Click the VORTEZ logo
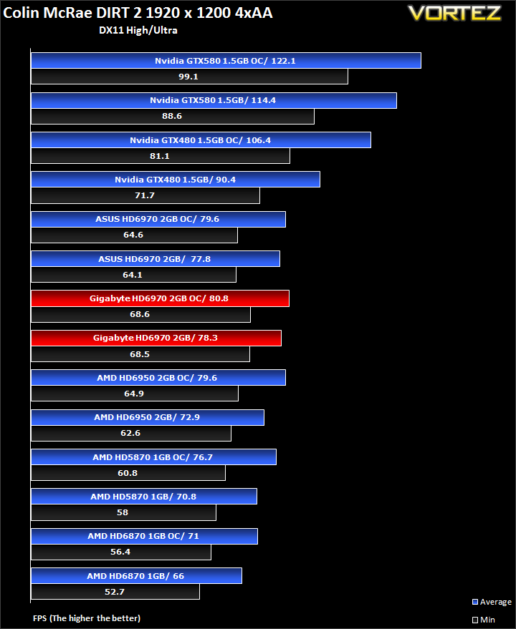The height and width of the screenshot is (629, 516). click(454, 13)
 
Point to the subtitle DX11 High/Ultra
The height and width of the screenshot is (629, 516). click(138, 30)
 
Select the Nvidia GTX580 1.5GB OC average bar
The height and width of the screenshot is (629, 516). click(226, 61)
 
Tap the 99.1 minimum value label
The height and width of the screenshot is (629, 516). click(188, 77)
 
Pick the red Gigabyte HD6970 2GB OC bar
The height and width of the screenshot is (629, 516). click(160, 298)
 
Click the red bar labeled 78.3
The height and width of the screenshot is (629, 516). click(156, 338)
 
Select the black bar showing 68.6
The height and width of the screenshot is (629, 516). click(140, 315)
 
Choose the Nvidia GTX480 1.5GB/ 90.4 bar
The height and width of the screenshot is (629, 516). click(175, 180)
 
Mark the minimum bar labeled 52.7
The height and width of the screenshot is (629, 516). click(115, 592)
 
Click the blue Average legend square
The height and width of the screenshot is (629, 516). click(475, 602)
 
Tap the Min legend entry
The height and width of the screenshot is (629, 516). click(484, 620)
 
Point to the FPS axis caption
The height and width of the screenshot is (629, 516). click(87, 618)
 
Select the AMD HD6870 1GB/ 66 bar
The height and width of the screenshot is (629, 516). click(136, 575)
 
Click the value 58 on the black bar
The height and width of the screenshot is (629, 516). click(123, 512)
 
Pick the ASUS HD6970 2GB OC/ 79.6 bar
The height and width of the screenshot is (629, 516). click(158, 219)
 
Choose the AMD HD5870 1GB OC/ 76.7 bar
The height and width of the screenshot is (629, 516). click(153, 457)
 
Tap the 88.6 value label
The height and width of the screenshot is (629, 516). click(172, 116)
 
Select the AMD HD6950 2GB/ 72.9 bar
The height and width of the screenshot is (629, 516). click(148, 417)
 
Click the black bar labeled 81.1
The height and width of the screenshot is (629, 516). click(161, 156)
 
